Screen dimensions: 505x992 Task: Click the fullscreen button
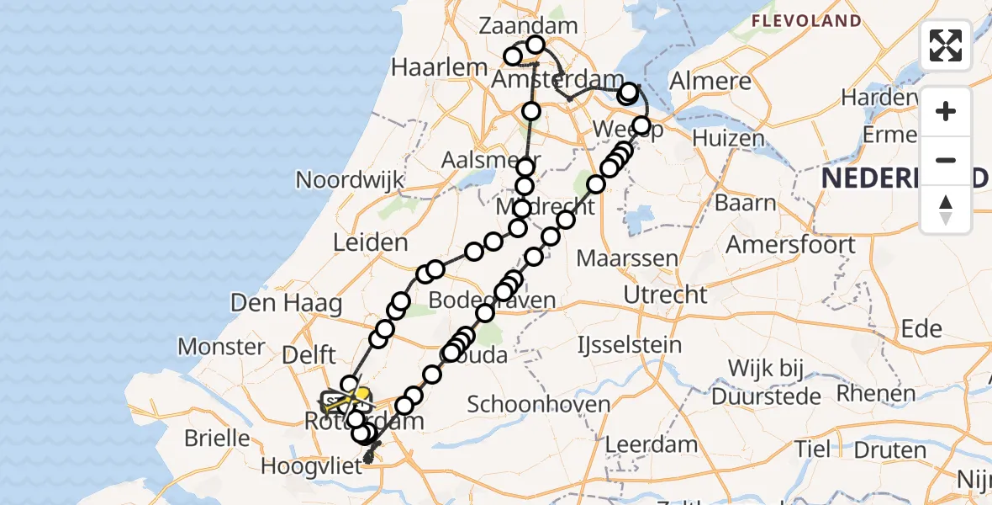point(946,45)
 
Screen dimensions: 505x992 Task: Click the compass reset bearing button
point(946,210)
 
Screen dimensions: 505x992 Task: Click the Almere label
point(710,82)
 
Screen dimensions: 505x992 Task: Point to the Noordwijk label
point(350,180)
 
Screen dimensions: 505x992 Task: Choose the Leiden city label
point(370,243)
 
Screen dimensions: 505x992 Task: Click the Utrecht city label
point(666,295)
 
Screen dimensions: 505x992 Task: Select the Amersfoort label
point(790,245)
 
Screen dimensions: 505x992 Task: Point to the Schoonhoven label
point(538,404)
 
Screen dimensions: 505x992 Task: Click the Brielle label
point(219,439)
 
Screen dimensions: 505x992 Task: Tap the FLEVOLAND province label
point(805,21)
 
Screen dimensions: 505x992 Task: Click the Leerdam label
point(652,444)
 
